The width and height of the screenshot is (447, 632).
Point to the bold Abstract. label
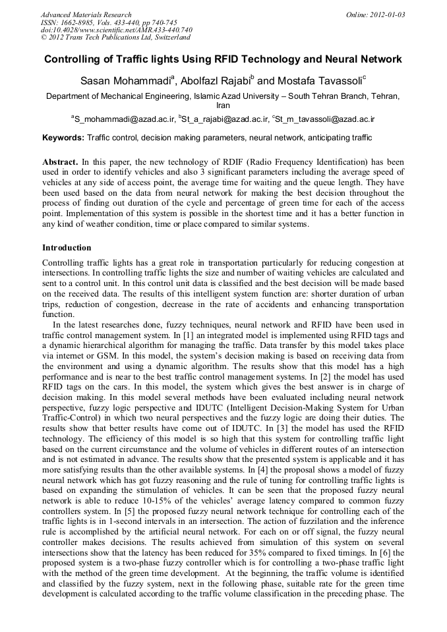(60, 161)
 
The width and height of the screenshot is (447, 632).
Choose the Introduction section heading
(67, 248)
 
